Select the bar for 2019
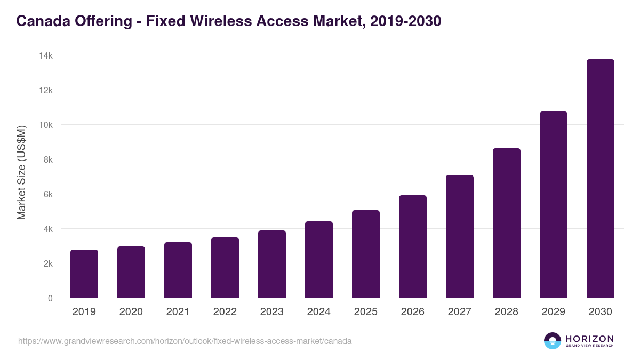tap(84, 274)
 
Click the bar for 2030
tap(600, 179)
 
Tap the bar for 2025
tap(366, 254)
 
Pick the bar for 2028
tap(507, 223)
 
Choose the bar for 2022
tap(225, 268)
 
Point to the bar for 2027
tap(460, 236)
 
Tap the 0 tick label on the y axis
tap(50, 298)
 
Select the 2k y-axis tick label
tap(48, 263)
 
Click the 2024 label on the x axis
tap(319, 312)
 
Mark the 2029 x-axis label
tap(554, 312)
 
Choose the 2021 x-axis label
tap(178, 312)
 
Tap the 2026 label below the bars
tap(413, 312)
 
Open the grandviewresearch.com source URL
tap(185, 341)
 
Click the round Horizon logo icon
tap(552, 341)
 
